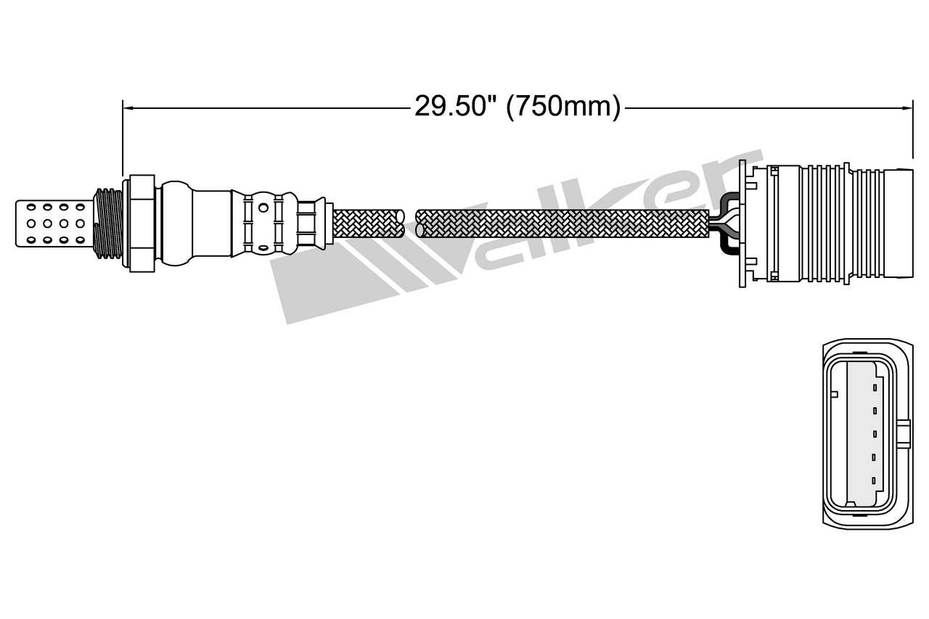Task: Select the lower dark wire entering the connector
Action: (727, 244)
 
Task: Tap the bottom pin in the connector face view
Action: (875, 480)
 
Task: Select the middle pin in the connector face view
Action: (875, 435)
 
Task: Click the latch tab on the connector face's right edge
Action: (904, 434)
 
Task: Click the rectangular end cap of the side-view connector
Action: (899, 223)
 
